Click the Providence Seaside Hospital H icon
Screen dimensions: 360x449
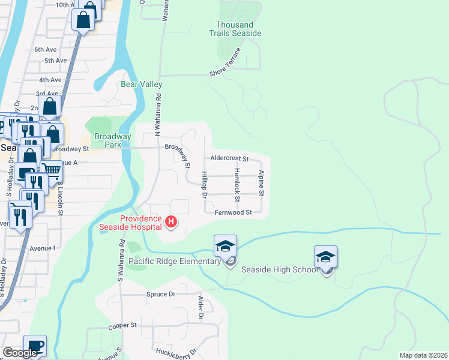point(171,223)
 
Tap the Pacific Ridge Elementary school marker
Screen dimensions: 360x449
point(226,247)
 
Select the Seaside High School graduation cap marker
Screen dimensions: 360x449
point(325,257)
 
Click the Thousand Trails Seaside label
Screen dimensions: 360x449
point(239,29)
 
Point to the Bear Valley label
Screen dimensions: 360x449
point(142,85)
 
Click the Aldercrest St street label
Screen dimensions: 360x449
point(229,159)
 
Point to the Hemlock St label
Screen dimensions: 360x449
point(238,185)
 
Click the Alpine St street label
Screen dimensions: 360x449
point(262,182)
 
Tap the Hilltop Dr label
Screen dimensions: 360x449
point(205,185)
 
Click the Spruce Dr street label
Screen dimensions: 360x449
point(160,295)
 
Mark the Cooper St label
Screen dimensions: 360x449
point(122,325)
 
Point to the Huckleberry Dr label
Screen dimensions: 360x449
point(176,351)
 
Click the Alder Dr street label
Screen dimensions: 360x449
point(201,307)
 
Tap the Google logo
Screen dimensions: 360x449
point(20,353)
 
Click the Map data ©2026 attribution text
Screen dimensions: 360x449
point(423,354)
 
